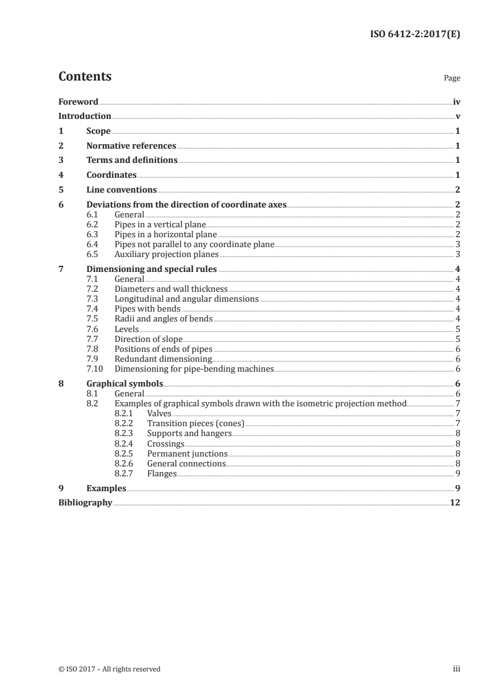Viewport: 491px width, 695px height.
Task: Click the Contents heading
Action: (x=85, y=77)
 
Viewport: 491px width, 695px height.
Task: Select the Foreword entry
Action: (x=78, y=102)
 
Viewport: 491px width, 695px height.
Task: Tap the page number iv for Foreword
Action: (x=456, y=102)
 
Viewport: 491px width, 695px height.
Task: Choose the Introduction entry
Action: (x=84, y=116)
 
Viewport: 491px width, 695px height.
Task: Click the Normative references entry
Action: (x=131, y=146)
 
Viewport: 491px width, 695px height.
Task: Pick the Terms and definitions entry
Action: (x=132, y=160)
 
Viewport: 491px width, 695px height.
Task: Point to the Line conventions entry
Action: (x=121, y=190)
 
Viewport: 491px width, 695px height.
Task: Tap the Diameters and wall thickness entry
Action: (x=171, y=289)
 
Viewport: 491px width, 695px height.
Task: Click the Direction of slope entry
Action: (x=149, y=339)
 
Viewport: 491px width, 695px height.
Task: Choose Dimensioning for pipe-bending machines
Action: (x=194, y=369)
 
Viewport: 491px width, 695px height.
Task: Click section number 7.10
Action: (x=95, y=369)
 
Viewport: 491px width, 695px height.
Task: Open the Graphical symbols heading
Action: (x=120, y=384)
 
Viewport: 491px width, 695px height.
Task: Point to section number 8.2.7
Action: (x=125, y=474)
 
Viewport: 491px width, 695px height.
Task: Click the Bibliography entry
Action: (x=85, y=503)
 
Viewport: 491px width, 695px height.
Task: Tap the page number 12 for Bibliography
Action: (x=454, y=503)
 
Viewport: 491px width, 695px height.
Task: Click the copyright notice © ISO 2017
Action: (x=109, y=669)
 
